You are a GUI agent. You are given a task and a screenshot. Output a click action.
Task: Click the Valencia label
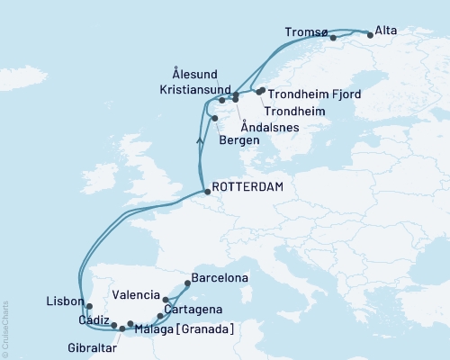[x=136, y=294]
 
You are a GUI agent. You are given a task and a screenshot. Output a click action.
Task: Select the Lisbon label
[x=62, y=301]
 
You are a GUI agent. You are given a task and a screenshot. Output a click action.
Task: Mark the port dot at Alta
[x=370, y=34]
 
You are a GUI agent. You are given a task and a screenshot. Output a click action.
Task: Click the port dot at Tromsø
[x=333, y=38]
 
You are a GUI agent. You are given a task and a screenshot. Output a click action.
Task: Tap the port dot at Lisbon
[x=88, y=306]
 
